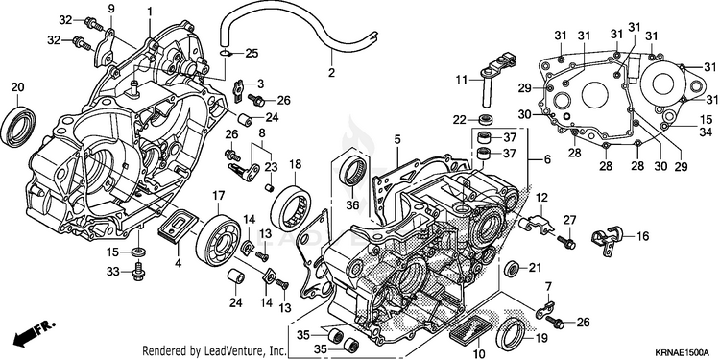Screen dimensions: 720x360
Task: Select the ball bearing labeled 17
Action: (218, 240)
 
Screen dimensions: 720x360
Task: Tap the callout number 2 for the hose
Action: (331, 73)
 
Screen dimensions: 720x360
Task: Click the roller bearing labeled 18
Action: (290, 207)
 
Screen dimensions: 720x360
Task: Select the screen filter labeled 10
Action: (469, 329)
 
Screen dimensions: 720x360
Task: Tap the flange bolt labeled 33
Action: (138, 273)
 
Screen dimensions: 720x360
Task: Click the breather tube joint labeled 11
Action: (496, 76)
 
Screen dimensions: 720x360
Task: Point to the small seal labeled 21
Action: (511, 269)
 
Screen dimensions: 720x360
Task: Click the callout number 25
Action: (252, 53)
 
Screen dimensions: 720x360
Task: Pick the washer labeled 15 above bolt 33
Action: (138, 252)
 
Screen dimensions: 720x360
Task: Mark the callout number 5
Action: (397, 138)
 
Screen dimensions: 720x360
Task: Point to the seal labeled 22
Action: (486, 119)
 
